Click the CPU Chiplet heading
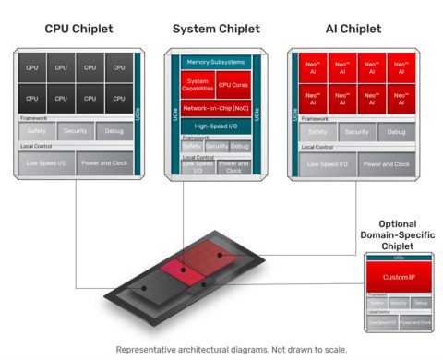coord(78,30)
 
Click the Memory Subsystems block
coord(215,62)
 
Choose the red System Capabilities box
coord(198,85)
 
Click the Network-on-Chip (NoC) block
coord(215,108)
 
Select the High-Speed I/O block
coord(215,126)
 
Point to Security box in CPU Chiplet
coord(75,132)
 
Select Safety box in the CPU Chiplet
coord(36,132)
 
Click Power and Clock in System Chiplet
coord(233,168)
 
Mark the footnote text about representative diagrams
coord(221,349)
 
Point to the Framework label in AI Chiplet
coord(315,118)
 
